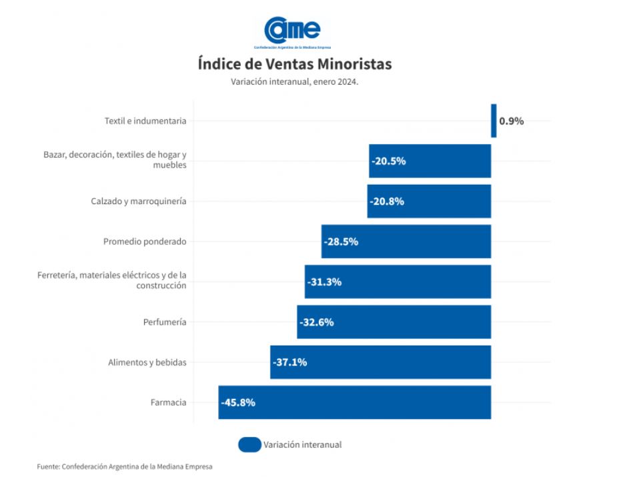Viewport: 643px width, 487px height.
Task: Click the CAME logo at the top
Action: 293,31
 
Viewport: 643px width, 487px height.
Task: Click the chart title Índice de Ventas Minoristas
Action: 294,64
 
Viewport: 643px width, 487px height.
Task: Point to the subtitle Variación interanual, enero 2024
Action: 294,81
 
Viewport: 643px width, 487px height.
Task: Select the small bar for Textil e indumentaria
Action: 494,121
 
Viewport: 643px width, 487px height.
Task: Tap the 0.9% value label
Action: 512,121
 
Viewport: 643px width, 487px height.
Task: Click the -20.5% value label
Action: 389,161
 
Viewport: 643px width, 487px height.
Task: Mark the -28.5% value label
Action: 341,241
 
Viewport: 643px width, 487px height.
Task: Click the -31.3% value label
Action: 324,282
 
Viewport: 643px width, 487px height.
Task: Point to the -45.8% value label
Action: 238,402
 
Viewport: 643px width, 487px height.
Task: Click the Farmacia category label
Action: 169,402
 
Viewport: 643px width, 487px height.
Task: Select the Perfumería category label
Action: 165,322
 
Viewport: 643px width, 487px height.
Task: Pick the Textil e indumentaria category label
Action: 145,121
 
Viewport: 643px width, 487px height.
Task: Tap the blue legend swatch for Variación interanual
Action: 249,444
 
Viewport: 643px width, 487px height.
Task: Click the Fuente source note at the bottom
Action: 125,467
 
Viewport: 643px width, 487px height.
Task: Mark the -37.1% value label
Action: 289,362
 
